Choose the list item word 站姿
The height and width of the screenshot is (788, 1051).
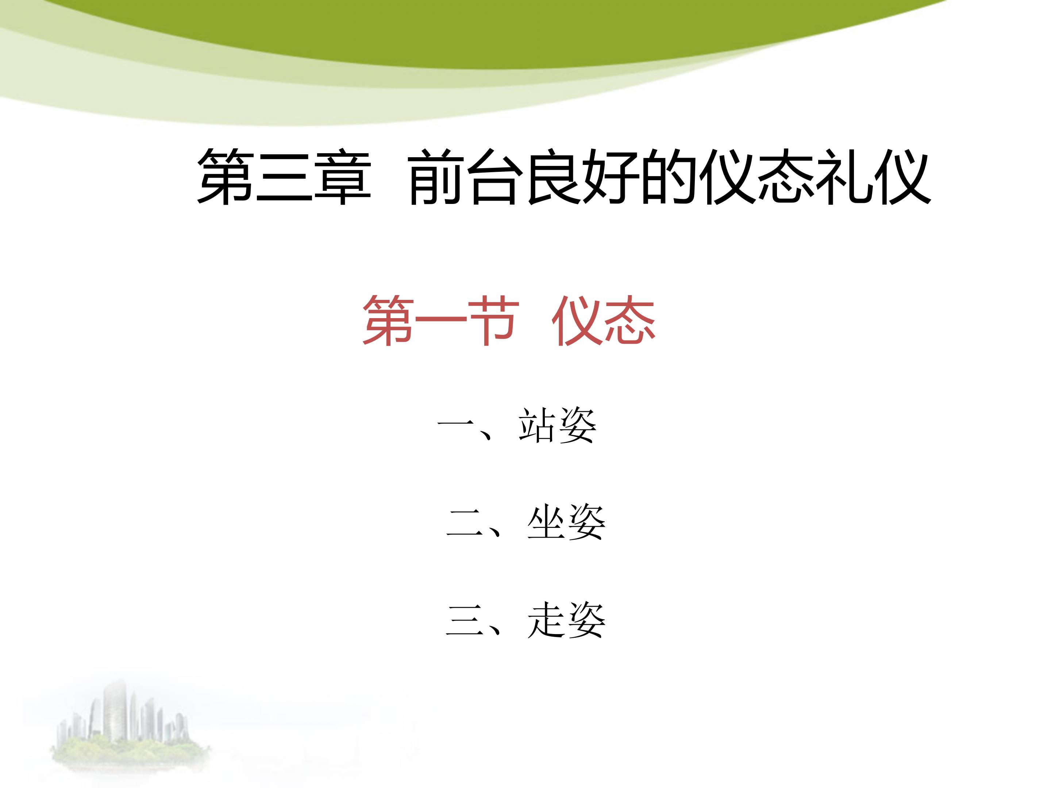557,426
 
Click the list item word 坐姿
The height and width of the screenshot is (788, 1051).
566,522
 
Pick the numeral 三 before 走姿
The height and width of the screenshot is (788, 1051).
464,621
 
